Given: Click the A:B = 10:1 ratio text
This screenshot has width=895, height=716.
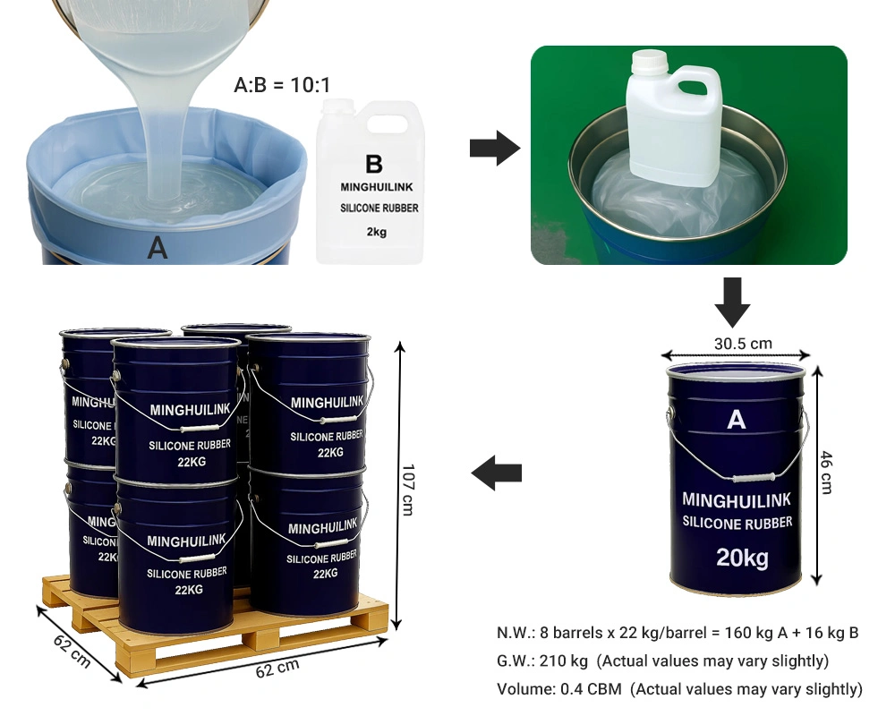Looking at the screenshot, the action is (x=282, y=85).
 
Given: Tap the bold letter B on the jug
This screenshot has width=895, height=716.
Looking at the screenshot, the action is (x=374, y=165).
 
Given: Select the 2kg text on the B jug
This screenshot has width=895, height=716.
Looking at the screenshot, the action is (x=377, y=232).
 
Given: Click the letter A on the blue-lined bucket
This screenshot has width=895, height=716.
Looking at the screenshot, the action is (x=158, y=248).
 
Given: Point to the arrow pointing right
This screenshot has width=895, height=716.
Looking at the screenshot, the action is (x=495, y=149).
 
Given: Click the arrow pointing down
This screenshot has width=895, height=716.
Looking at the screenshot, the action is (x=732, y=303).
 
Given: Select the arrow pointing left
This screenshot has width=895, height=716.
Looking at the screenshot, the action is (x=497, y=473).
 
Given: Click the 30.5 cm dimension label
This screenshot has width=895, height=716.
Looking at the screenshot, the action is (x=743, y=344).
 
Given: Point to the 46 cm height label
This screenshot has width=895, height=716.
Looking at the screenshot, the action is (x=826, y=473).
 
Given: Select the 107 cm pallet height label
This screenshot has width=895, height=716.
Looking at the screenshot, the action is (x=407, y=490).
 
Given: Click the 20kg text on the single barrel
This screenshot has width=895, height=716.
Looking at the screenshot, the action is (x=743, y=558).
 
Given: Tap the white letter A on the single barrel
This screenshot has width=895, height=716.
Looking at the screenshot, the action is (x=737, y=421).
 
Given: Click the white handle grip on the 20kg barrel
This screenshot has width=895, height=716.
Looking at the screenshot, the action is (x=754, y=478).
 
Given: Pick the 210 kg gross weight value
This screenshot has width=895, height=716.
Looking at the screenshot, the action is (x=563, y=661).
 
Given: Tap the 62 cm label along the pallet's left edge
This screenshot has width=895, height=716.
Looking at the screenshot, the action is (x=72, y=651).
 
